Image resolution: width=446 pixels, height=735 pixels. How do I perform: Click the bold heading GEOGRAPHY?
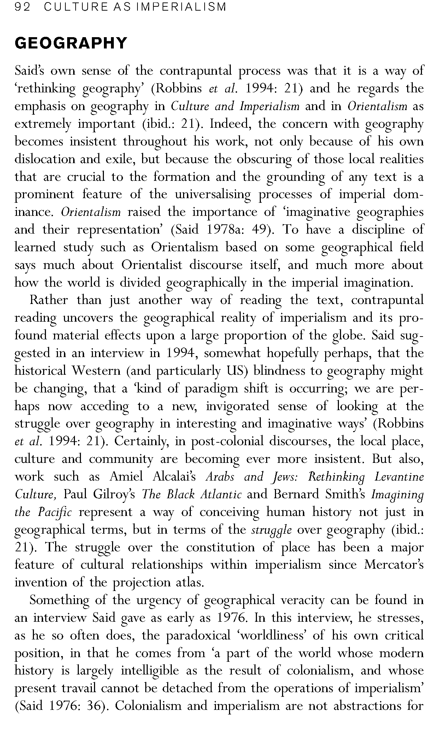[71, 43]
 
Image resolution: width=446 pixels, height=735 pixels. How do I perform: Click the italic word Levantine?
[399, 477]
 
